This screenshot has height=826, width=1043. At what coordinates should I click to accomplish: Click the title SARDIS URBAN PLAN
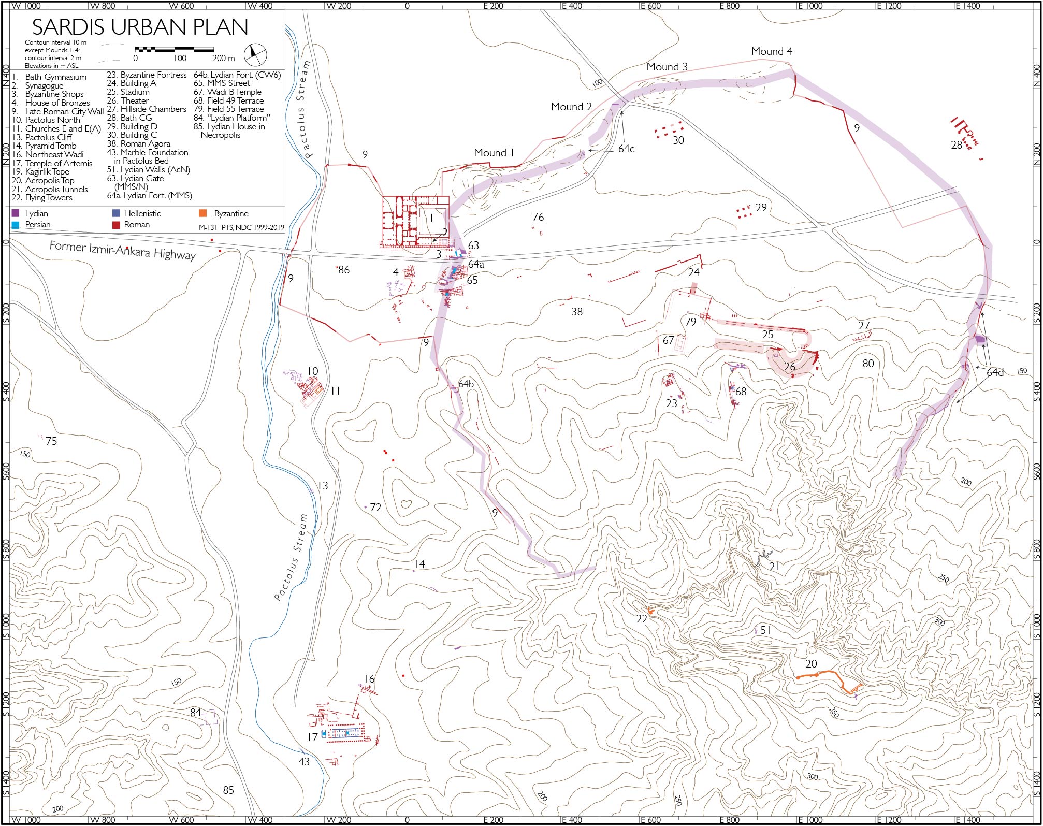140,27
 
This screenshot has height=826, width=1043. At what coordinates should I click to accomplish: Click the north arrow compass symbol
255,54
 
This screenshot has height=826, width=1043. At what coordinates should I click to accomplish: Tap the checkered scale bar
174,50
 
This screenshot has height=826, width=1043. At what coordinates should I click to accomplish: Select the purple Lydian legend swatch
16,213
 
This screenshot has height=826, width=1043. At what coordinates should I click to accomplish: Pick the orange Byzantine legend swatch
203,213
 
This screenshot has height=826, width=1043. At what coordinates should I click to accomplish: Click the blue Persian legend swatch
16,225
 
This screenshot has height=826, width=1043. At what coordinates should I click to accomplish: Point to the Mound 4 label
771,51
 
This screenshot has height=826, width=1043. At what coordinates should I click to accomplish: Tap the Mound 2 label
571,107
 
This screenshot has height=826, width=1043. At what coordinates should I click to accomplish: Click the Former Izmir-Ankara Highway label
123,250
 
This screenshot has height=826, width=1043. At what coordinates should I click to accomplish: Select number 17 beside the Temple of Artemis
312,737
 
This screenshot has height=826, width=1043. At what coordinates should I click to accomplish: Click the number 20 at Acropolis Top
811,664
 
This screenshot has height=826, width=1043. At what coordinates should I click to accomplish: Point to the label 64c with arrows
626,149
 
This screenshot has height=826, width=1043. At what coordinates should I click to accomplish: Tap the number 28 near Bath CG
956,145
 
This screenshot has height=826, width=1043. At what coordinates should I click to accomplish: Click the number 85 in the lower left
228,790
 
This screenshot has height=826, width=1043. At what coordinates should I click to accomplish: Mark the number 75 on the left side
51,441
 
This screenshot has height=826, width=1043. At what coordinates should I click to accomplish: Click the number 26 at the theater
789,367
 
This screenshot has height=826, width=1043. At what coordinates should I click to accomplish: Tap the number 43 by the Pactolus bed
304,761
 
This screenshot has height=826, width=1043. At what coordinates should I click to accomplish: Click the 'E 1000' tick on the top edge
809,6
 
